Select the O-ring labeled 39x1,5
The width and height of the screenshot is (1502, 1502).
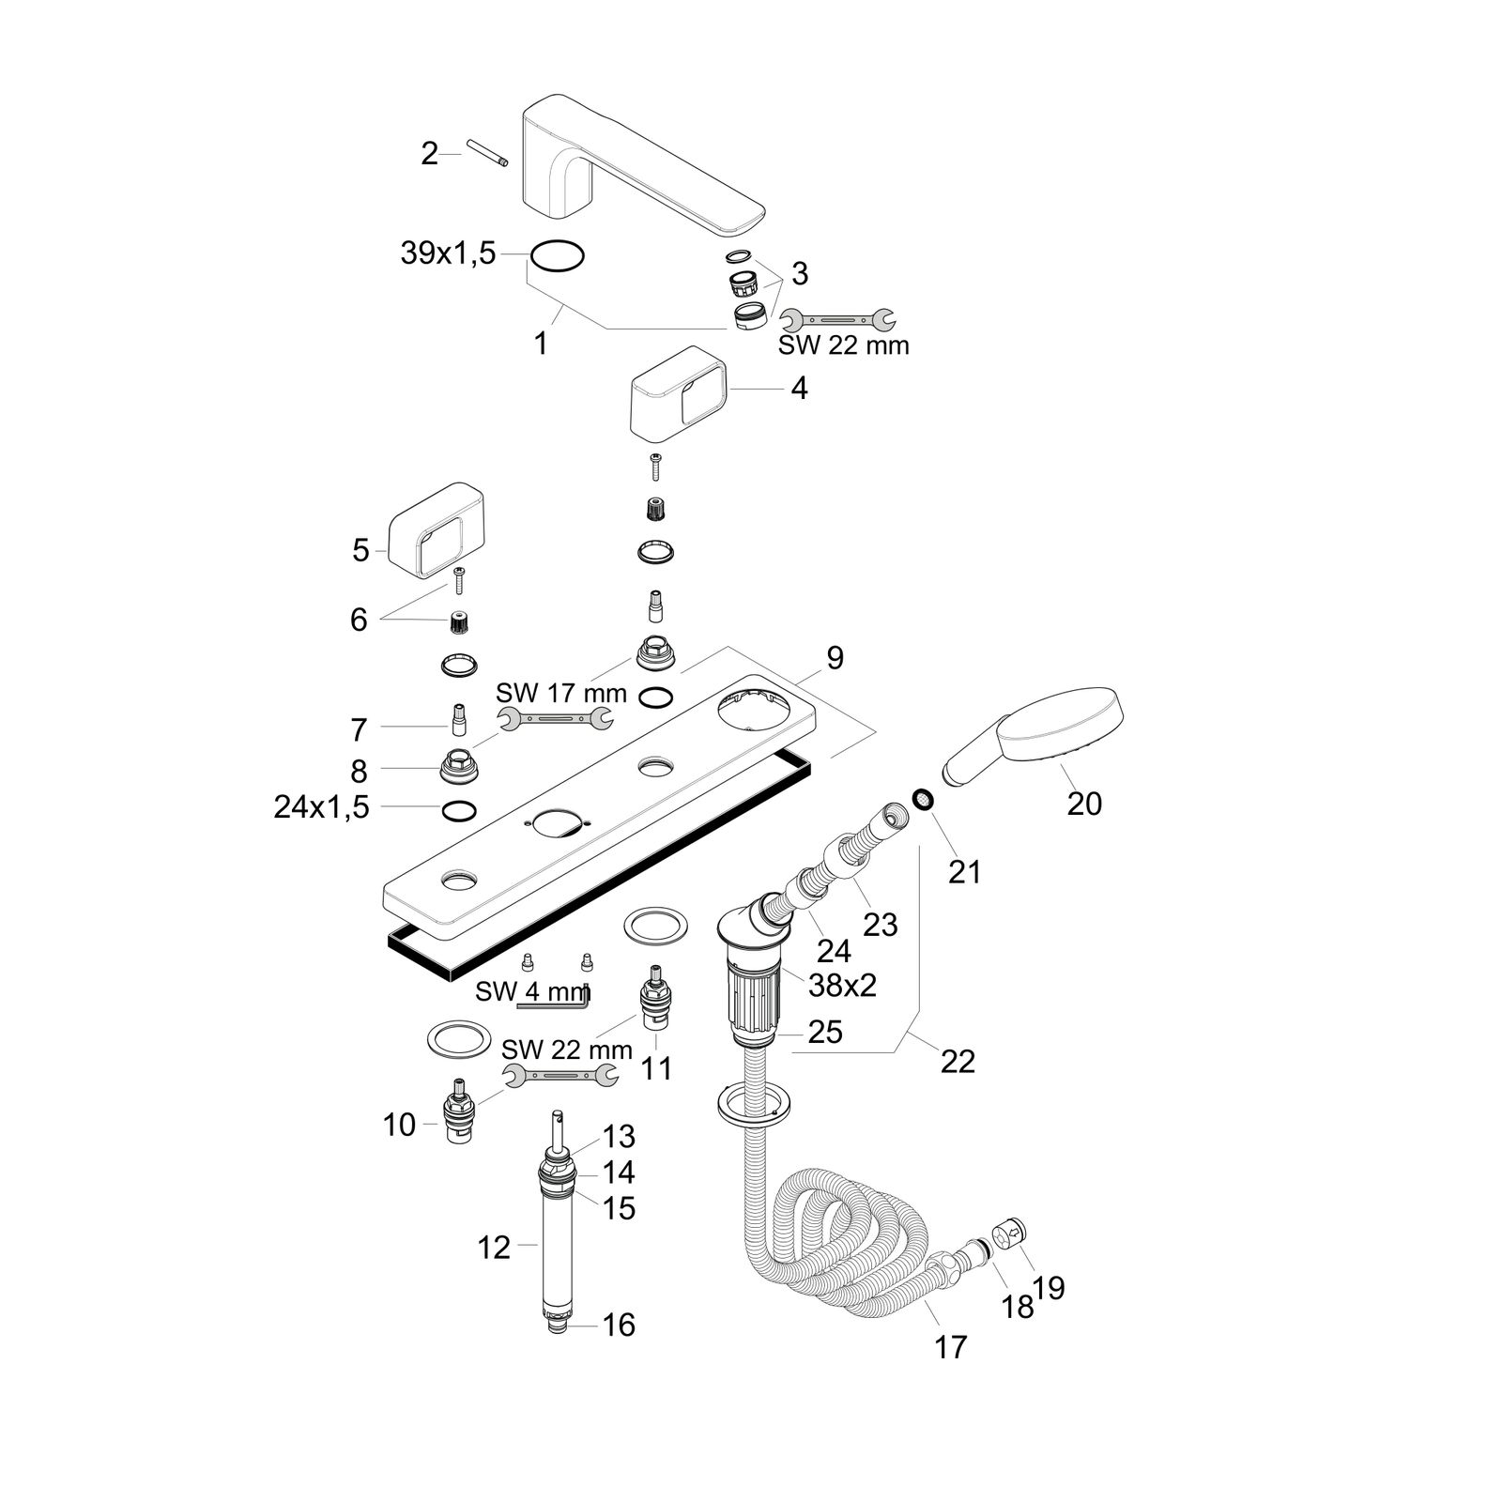558,254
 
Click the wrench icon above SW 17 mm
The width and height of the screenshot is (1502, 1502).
555,719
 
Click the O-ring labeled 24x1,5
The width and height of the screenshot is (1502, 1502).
458,810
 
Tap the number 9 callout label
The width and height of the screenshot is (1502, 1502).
835,657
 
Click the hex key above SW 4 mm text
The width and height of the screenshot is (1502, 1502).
554,1003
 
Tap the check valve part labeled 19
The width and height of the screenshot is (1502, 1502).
1011,1231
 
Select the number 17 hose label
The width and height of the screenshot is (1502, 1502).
950,1347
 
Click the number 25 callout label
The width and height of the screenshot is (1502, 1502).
825,1032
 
